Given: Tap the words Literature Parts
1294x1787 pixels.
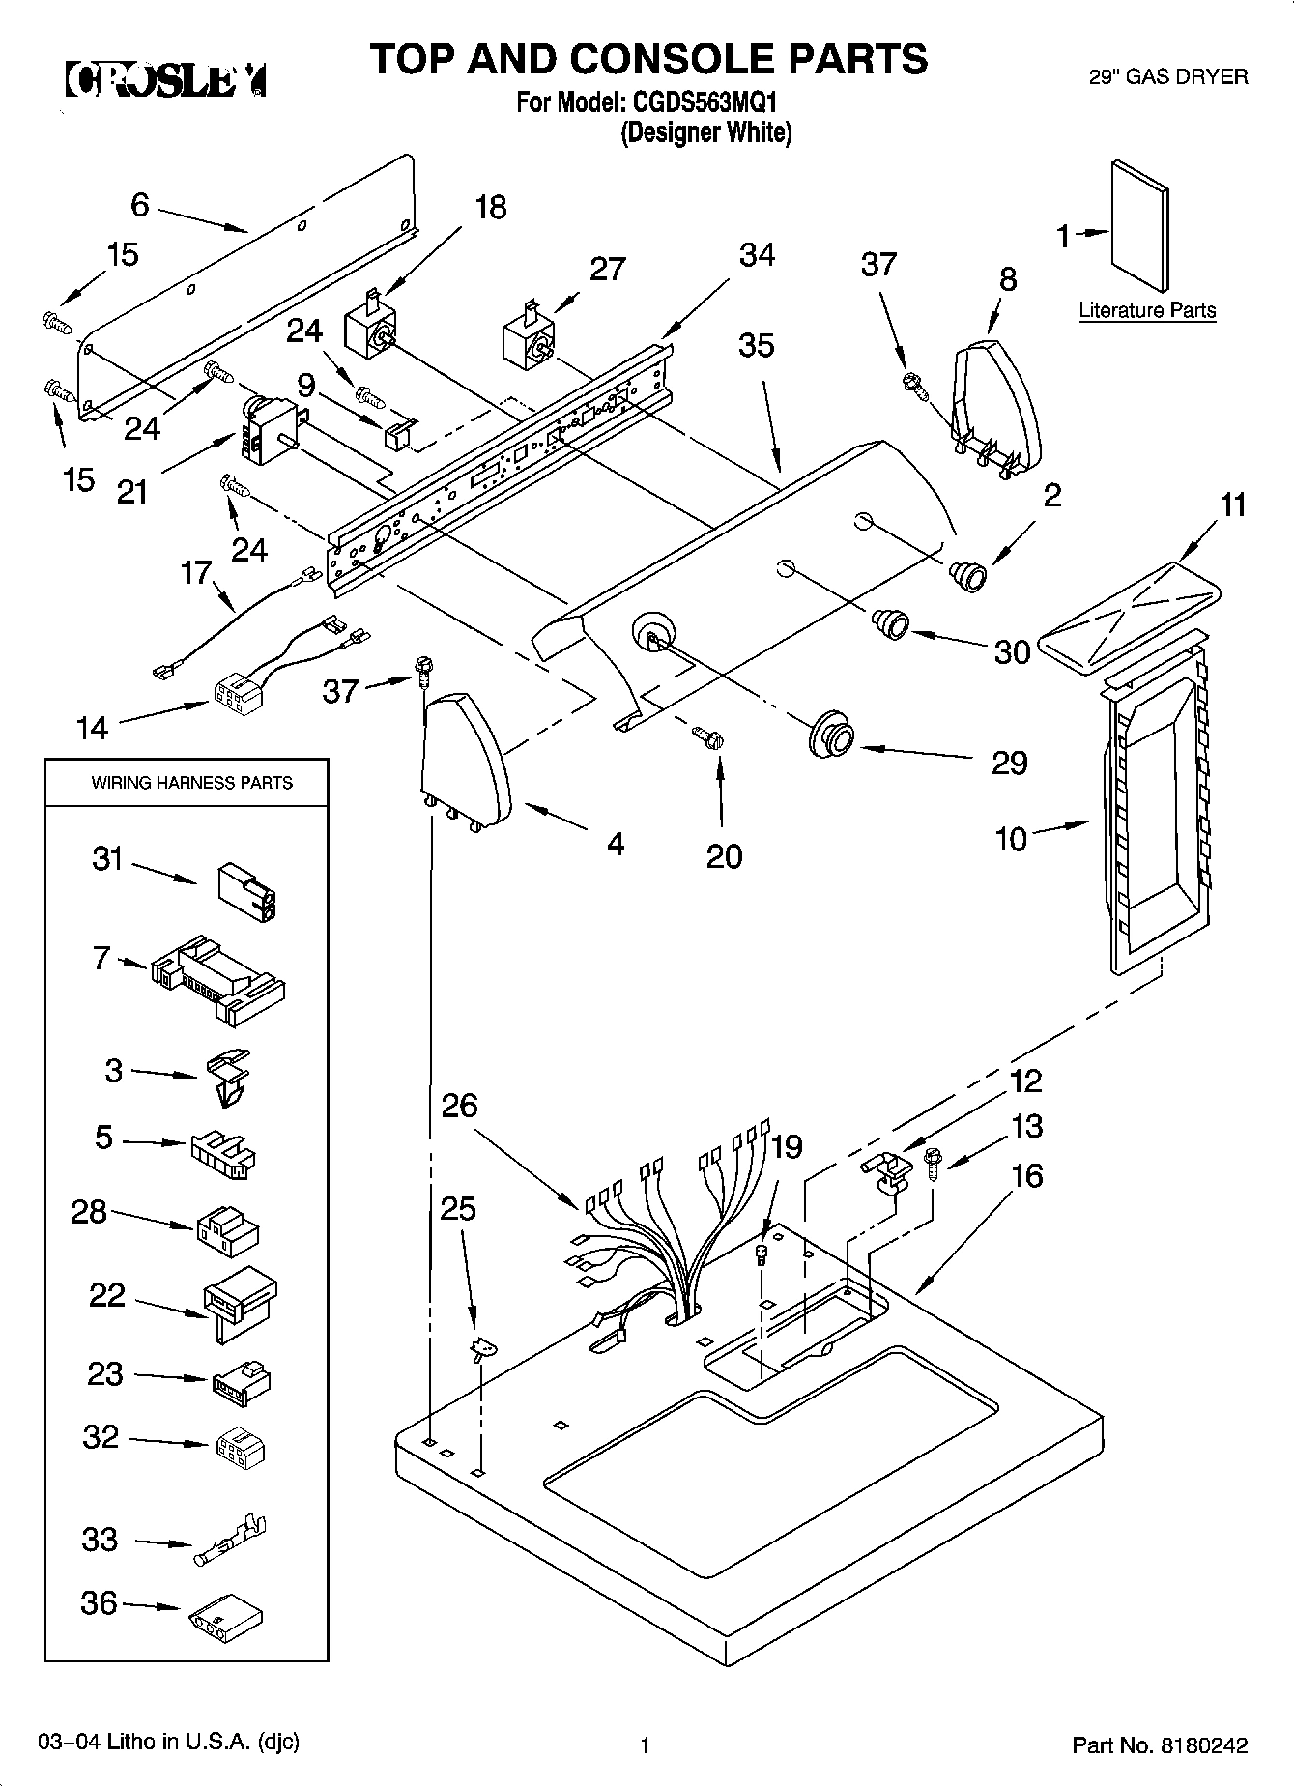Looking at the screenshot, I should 1147,310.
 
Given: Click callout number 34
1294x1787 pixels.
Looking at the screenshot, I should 757,255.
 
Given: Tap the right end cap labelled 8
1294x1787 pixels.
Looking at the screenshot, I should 995,401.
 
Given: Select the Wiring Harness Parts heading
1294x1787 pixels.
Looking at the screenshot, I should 191,782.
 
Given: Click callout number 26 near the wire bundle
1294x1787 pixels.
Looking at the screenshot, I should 459,1105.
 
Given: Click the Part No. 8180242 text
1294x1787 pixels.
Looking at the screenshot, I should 1160,1744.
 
